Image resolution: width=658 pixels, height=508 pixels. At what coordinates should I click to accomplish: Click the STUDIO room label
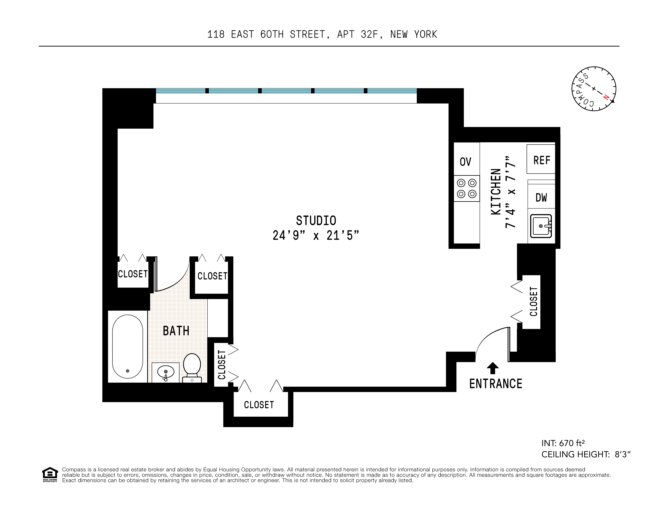point(316,221)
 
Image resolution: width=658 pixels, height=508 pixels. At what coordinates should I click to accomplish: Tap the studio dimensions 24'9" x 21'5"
point(316,235)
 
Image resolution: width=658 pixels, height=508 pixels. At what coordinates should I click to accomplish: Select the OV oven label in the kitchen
point(465,162)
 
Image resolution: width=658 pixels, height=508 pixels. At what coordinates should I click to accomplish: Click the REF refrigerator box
point(541,159)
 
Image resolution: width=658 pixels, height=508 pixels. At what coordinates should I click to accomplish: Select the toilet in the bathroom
point(192,368)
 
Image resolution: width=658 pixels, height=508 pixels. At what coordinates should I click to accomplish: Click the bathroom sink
point(165,372)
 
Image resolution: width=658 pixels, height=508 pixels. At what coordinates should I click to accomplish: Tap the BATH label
point(176,331)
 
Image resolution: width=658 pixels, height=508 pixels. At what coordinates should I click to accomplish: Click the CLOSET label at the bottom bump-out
point(259,405)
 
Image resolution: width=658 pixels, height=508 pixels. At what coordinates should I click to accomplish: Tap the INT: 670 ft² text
point(563,443)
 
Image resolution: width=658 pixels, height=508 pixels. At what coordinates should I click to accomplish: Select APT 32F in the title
point(357,34)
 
